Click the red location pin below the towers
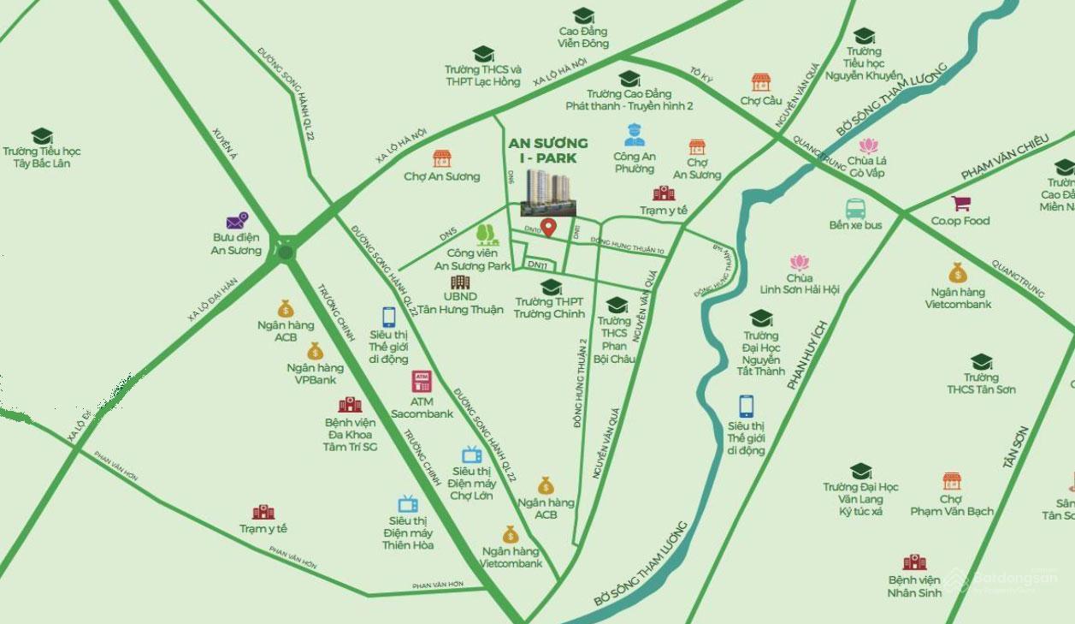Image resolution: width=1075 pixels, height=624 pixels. pyautogui.click(x=549, y=228)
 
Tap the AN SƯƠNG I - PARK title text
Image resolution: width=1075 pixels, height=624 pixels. pyautogui.click(x=548, y=151)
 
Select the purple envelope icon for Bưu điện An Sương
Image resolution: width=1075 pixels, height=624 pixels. pyautogui.click(x=237, y=221)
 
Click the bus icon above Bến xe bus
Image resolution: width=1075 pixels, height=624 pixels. pyautogui.click(x=855, y=208)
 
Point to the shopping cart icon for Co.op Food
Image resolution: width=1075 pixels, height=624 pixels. pyautogui.click(x=960, y=204)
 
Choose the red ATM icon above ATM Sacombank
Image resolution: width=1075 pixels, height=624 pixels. pyautogui.click(x=422, y=382)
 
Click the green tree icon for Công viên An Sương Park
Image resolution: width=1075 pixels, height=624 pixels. pyautogui.click(x=487, y=234)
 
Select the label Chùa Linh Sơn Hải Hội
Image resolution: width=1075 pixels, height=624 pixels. pyautogui.click(x=800, y=284)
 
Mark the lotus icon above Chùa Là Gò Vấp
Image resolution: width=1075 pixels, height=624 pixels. pyautogui.click(x=868, y=146)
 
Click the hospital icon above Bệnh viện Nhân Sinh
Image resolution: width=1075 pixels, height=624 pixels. pyautogui.click(x=914, y=562)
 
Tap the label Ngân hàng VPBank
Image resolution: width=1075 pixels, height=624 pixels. pyautogui.click(x=315, y=374)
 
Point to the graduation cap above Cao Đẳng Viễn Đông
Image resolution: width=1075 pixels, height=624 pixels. pyautogui.click(x=583, y=15)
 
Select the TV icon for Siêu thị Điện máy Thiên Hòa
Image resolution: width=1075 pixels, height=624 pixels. pyautogui.click(x=408, y=504)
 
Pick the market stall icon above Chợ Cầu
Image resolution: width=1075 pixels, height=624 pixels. pyautogui.click(x=760, y=82)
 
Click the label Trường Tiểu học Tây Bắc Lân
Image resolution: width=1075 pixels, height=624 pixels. pyautogui.click(x=41, y=157)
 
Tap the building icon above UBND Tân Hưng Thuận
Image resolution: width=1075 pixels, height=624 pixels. pyautogui.click(x=460, y=282)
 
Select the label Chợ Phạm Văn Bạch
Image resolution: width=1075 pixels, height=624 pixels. pyautogui.click(x=951, y=505)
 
